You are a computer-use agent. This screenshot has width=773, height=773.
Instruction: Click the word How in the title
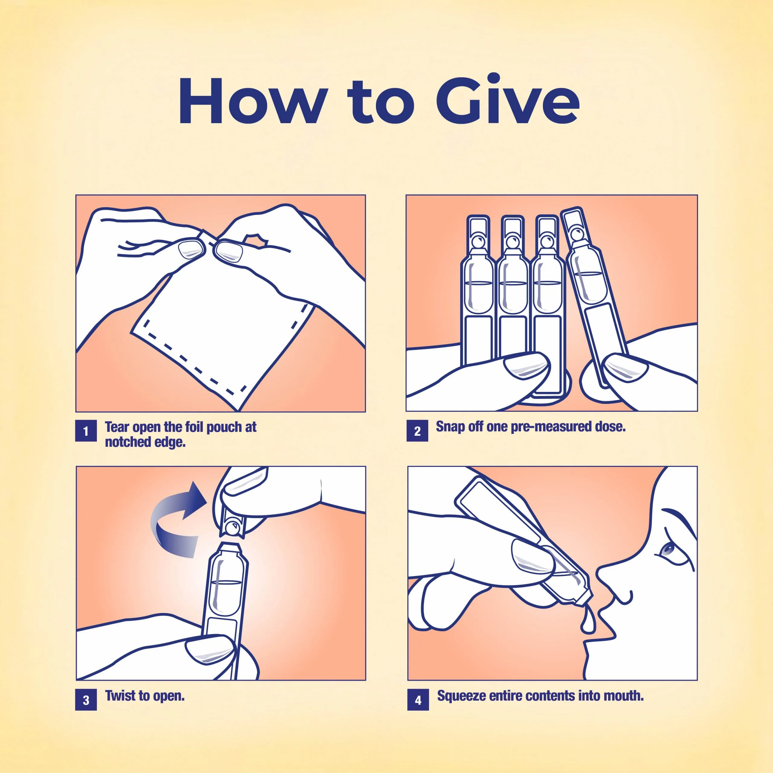252,101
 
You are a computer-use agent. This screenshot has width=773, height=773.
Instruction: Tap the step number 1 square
86,431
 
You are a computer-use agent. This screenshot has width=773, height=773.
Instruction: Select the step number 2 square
417,431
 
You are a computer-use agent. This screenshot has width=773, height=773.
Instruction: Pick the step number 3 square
86,700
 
